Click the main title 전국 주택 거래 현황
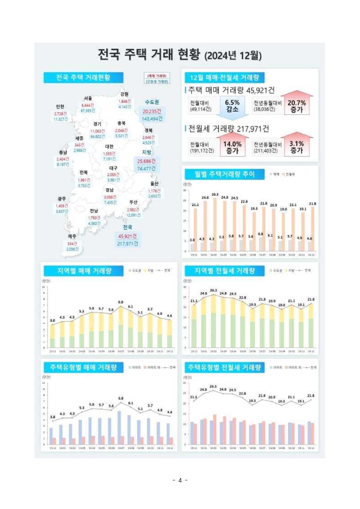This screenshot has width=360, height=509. click(179, 55)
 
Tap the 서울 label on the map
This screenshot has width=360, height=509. click(88, 98)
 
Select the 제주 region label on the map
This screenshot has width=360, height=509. click(72, 236)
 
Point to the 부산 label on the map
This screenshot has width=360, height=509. click(133, 202)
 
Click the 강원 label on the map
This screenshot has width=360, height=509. click(125, 94)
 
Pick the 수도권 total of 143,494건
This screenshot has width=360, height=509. click(152, 119)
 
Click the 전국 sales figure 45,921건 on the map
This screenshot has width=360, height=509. click(127, 236)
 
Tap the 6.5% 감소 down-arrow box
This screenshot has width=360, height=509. click(232, 106)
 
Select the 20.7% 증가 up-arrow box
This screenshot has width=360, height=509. click(297, 106)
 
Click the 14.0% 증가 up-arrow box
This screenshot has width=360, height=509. click(232, 147)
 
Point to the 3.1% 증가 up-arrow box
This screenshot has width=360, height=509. click(297, 147)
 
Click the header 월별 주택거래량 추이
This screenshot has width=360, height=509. click(225, 174)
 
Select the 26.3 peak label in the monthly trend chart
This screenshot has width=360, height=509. click(215, 195)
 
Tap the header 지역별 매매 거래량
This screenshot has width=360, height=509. click(84, 271)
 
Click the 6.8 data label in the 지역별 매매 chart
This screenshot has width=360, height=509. click(121, 302)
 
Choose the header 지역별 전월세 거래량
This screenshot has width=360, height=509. click(225, 271)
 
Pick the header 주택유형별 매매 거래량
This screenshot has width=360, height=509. click(84, 367)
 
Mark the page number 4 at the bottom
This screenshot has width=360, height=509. click(180, 480)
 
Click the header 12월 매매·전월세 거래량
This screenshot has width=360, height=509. click(224, 77)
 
